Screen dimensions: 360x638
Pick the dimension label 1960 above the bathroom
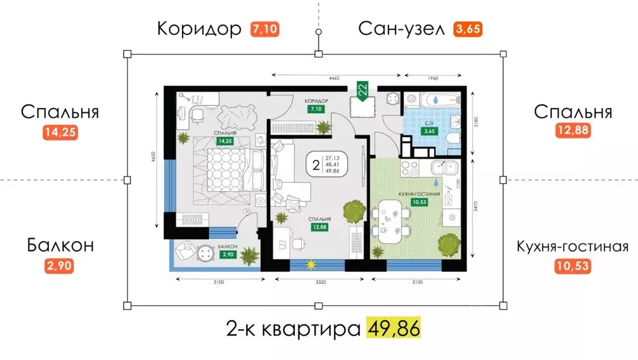tap(433, 78)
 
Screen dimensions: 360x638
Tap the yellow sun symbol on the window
tap(309, 265)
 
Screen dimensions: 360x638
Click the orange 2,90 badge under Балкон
tap(59, 267)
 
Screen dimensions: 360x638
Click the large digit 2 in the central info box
tap(316, 165)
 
